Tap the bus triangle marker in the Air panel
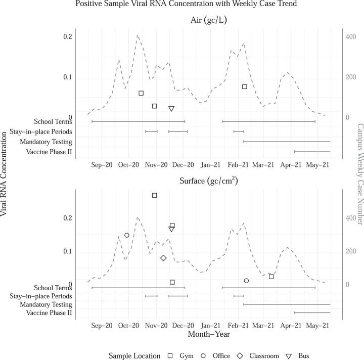coord(171,109)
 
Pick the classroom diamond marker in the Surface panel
coord(163,258)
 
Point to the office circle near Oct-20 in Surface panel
coord(127,235)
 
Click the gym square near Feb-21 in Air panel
coord(244,87)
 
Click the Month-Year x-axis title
coord(209,334)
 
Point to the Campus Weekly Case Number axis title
coord(360,174)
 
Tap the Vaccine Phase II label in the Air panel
coord(49,152)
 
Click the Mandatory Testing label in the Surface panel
coord(46,304)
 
